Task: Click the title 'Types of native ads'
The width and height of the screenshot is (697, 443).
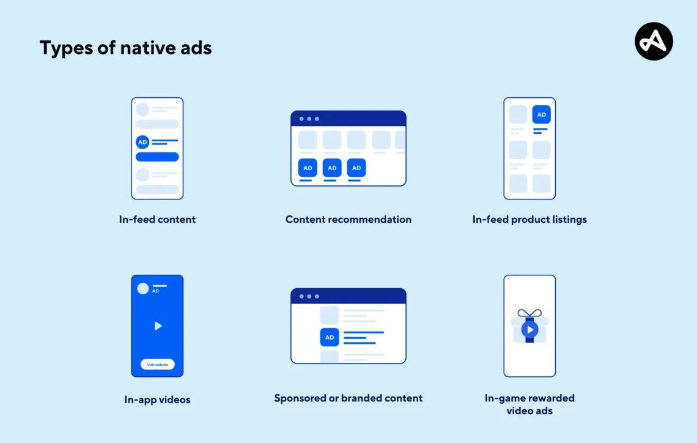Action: coord(125,48)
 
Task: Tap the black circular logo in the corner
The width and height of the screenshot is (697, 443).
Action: coord(654,41)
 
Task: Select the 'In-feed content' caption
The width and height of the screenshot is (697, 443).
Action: coord(157,219)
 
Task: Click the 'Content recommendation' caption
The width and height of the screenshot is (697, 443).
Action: coord(348,219)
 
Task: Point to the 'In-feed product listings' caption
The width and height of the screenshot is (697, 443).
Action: coord(529,219)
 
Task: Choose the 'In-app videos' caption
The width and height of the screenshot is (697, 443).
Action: coord(157,400)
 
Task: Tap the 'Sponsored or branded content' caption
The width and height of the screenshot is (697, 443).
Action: coord(348,398)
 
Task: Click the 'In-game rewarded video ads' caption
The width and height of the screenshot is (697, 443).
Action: coord(529,404)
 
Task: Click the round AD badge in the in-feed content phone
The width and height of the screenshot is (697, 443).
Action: coord(142,142)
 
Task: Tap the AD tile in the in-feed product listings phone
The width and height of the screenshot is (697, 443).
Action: coord(541,114)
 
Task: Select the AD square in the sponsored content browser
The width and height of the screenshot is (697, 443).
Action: coord(330,337)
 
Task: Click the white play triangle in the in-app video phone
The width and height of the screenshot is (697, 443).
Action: coord(158,326)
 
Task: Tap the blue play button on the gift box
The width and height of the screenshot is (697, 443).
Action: coord(529,330)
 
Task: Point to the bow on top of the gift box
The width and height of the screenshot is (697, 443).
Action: coord(529,313)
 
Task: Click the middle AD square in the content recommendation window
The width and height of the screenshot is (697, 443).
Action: coord(332,168)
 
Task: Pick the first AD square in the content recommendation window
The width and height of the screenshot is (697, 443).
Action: coord(308,168)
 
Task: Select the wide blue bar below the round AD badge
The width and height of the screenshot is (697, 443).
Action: coord(157,157)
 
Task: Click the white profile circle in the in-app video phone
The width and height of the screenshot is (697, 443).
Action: coord(143,288)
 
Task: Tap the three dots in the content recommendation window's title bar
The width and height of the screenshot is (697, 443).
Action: coord(309,119)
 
